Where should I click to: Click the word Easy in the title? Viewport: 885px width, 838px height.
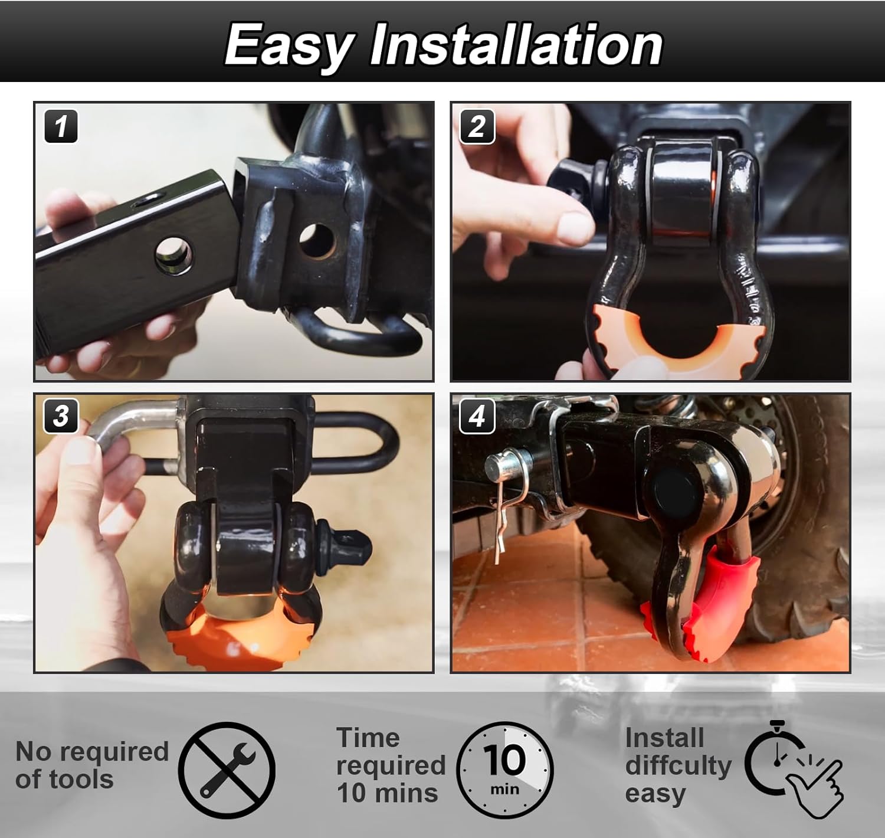click(x=289, y=46)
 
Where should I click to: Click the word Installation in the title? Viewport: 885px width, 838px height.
click(x=516, y=45)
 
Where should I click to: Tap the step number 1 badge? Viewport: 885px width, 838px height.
click(x=61, y=126)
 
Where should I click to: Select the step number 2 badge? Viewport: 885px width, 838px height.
click(x=477, y=126)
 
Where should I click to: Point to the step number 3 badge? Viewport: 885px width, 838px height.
click(x=61, y=415)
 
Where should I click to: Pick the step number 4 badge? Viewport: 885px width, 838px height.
click(x=477, y=417)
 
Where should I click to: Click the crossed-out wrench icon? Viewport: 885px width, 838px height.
click(x=227, y=770)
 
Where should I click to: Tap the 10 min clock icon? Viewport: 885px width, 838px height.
click(x=504, y=770)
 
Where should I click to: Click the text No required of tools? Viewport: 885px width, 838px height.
click(x=91, y=765)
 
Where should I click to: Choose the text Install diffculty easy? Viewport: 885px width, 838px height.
click(x=677, y=765)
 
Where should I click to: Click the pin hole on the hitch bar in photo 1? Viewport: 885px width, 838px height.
click(x=174, y=255)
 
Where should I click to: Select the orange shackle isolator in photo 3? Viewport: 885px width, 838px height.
click(x=236, y=640)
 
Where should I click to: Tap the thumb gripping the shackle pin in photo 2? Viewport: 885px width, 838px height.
click(x=569, y=227)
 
